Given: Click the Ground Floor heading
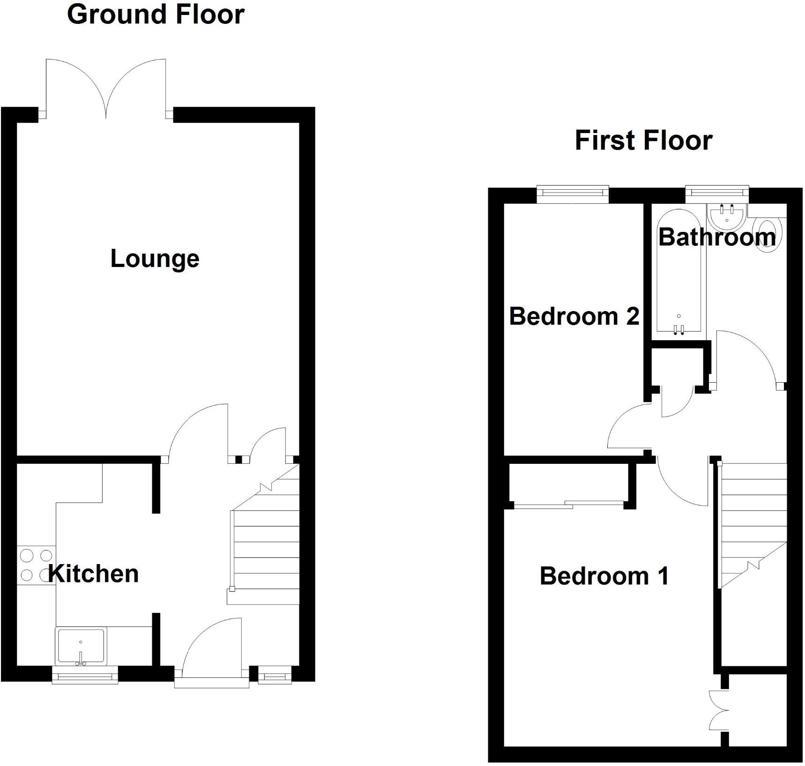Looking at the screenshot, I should [x=156, y=15].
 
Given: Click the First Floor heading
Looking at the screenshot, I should [x=643, y=141].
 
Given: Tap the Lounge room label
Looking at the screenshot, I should [x=155, y=259].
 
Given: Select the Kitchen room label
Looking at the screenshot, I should [x=94, y=574].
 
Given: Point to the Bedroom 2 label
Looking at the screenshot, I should [x=574, y=317].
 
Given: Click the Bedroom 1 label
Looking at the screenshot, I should [x=604, y=576].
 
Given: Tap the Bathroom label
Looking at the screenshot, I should [x=717, y=237].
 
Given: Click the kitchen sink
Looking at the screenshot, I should [x=81, y=646].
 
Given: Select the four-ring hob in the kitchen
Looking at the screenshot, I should [x=36, y=565].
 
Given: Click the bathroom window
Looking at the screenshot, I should [x=716, y=192].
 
